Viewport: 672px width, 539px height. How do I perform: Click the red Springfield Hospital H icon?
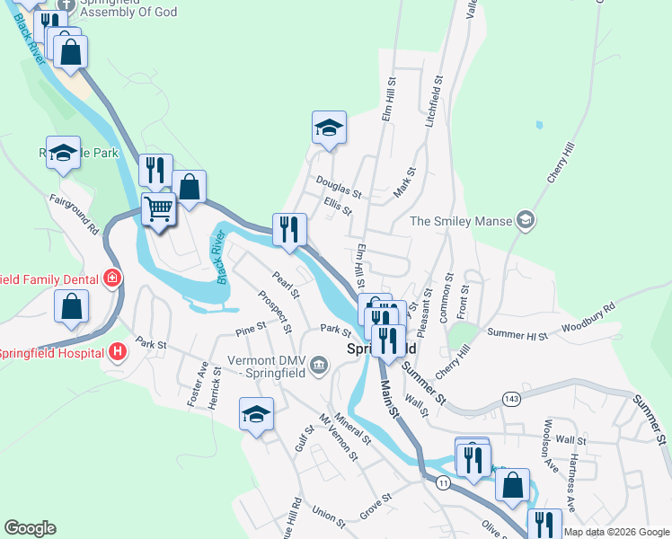[x=116, y=352]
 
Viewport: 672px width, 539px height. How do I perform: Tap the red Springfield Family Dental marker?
[x=112, y=278]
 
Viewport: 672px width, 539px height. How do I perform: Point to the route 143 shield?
[x=511, y=398]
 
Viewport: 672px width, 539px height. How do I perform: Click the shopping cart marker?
[x=159, y=209]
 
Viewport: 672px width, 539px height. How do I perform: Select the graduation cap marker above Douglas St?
[x=329, y=128]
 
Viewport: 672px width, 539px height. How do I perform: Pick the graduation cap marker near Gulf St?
[x=256, y=414]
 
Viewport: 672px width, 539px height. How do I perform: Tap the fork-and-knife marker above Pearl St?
[x=289, y=229]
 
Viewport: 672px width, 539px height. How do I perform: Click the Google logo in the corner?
[x=30, y=528]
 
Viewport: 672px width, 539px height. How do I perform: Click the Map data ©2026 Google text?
[x=615, y=532]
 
